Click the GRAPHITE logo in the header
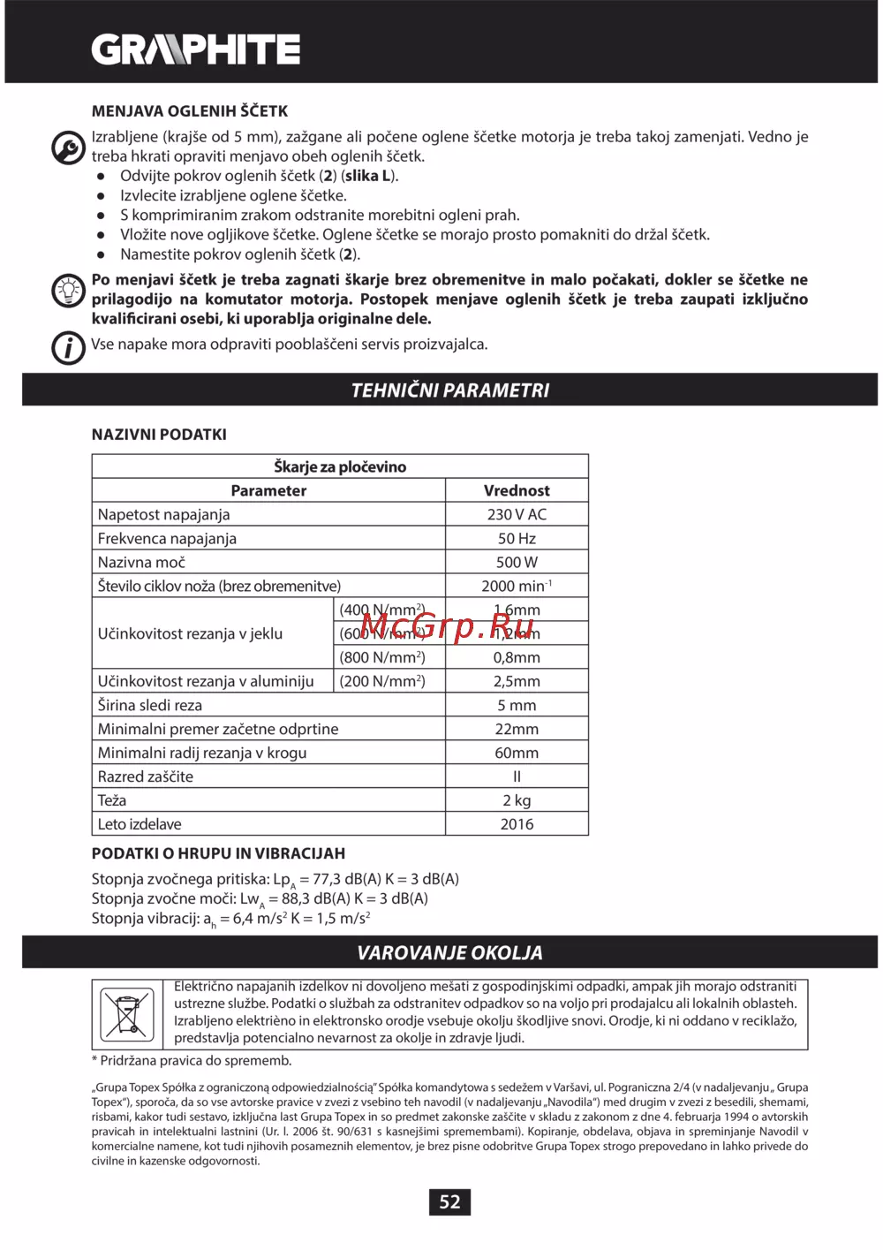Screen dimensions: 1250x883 (196, 49)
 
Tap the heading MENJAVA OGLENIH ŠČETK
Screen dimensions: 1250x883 (190, 111)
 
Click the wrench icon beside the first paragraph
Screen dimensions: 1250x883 (68, 147)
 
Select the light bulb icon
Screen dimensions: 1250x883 (68, 291)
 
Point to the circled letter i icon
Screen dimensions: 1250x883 (68, 347)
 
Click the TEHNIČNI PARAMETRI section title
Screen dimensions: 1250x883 (449, 390)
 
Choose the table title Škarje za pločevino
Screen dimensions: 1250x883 (340, 466)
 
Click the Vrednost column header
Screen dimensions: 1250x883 (517, 490)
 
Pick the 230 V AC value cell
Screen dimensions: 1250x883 (517, 514)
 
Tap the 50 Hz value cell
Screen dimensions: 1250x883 (517, 538)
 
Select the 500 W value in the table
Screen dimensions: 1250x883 (517, 562)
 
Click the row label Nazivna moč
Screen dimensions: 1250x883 (141, 562)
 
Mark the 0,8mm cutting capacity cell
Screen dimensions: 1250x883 (517, 657)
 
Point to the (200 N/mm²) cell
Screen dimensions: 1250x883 (382, 681)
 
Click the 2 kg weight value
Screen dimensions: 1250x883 (517, 800)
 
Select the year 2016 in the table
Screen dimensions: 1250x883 (517, 824)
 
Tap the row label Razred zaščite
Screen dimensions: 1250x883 (146, 777)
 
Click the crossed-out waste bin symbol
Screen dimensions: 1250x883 (127, 1013)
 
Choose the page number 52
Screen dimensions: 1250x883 (449, 1201)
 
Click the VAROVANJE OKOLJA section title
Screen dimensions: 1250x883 (449, 952)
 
